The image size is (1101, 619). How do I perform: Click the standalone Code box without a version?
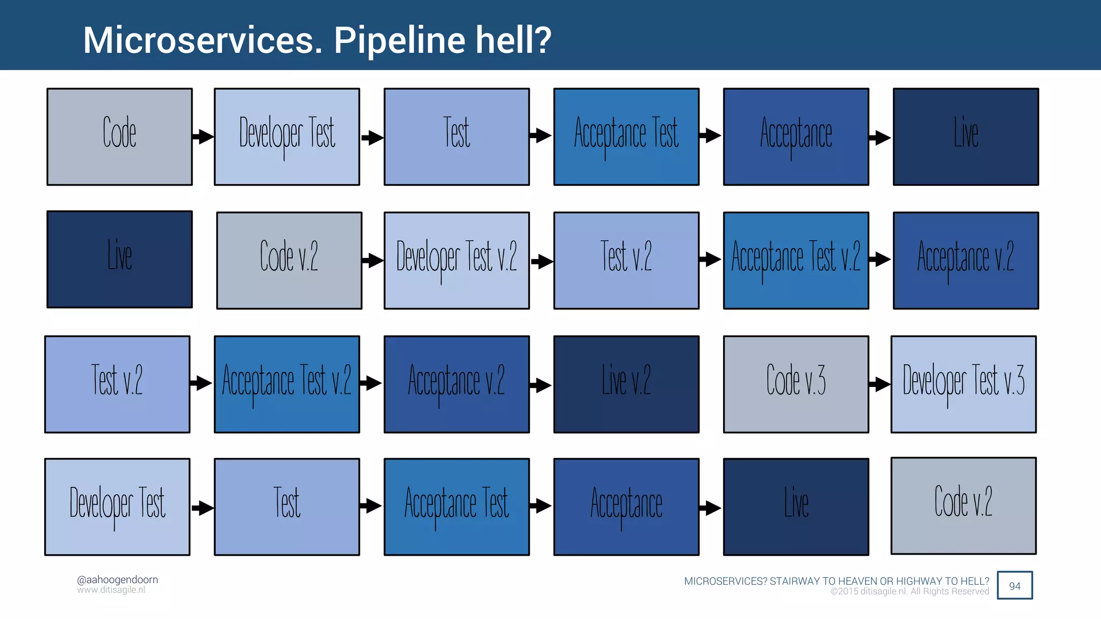point(119,137)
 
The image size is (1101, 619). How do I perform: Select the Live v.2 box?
point(626,384)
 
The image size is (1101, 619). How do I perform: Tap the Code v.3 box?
point(796,384)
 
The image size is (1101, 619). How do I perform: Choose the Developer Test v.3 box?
point(963,384)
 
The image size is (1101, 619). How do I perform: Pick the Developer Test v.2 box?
point(456,261)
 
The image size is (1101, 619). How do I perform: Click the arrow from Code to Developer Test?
point(203,136)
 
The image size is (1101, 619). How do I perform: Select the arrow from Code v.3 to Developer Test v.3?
point(880,384)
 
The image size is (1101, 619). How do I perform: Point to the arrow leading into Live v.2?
point(541,385)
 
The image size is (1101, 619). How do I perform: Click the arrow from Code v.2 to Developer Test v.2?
point(373,261)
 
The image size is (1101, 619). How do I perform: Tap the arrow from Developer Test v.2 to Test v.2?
point(542,262)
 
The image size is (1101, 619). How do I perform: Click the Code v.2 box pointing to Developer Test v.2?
point(289,261)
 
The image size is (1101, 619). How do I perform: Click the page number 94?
point(1014,586)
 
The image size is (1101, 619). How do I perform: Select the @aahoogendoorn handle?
point(117,580)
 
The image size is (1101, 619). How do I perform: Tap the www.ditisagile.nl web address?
point(111,590)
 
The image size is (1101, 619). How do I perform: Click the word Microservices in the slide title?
point(203,40)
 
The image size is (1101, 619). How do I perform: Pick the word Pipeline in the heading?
point(399,41)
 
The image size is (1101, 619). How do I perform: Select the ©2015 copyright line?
point(910,592)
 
